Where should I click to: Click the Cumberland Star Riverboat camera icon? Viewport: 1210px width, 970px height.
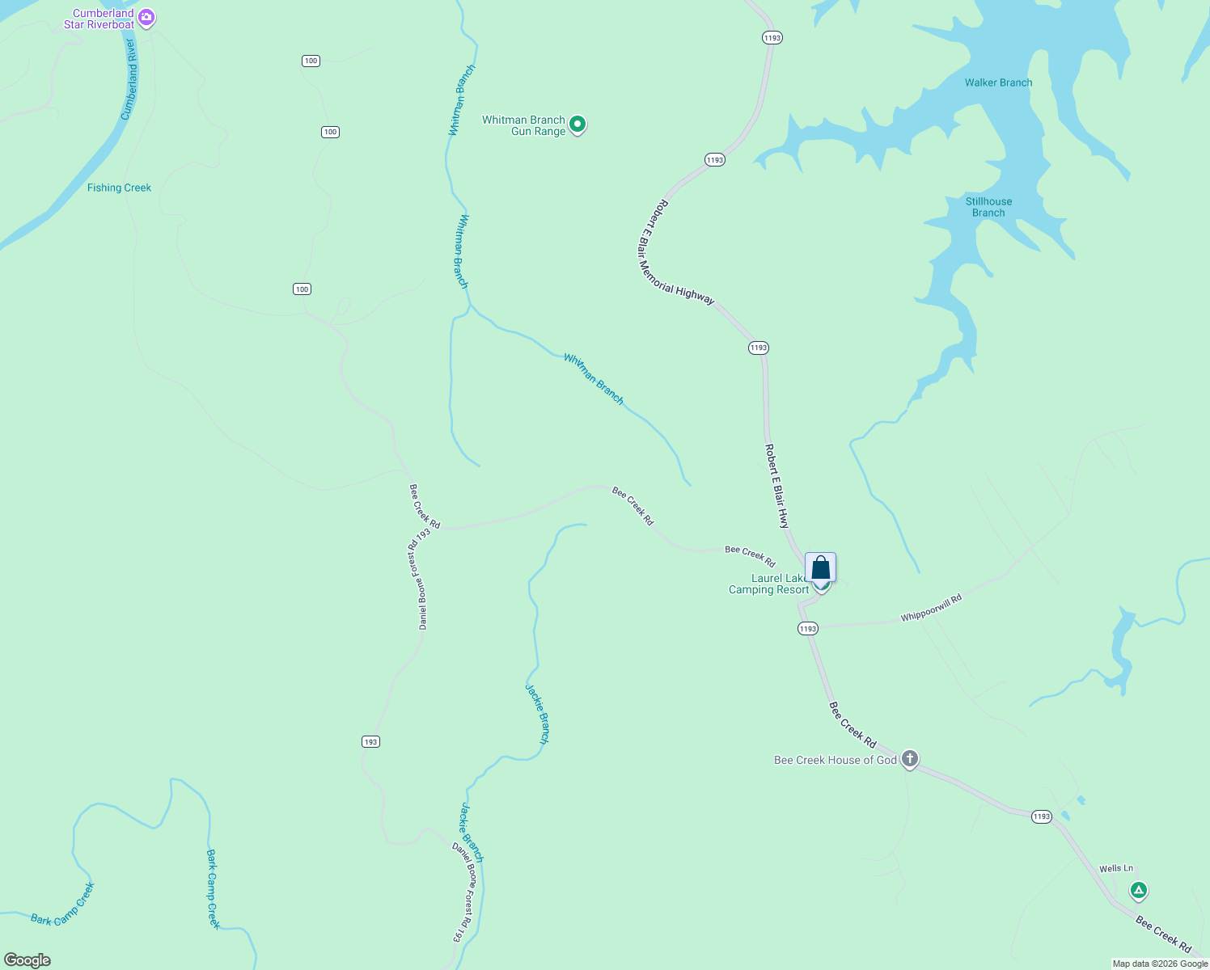tap(146, 17)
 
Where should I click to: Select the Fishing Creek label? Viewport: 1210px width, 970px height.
tap(119, 188)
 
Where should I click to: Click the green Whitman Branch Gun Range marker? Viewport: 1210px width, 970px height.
tap(577, 124)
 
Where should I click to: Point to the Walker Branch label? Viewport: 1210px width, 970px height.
tap(998, 82)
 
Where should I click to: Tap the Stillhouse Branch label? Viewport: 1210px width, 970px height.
tap(988, 207)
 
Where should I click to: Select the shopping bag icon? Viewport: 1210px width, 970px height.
tap(820, 567)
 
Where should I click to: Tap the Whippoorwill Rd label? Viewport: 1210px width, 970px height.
tap(932, 609)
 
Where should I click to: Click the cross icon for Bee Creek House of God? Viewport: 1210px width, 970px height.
tap(910, 759)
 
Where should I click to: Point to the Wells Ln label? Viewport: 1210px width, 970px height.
tap(1116, 869)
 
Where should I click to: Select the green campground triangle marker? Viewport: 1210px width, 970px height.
tap(1139, 891)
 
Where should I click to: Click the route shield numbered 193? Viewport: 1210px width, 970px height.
tap(370, 741)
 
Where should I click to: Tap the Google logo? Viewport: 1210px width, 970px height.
tap(27, 960)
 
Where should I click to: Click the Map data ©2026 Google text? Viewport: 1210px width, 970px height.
tap(1160, 964)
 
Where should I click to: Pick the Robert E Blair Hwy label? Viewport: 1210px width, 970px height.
tap(776, 486)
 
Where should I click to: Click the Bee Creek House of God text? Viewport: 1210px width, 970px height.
tap(836, 760)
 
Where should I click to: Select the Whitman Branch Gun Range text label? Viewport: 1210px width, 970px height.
tap(524, 125)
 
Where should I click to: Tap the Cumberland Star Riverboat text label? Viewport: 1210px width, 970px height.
tap(99, 19)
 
